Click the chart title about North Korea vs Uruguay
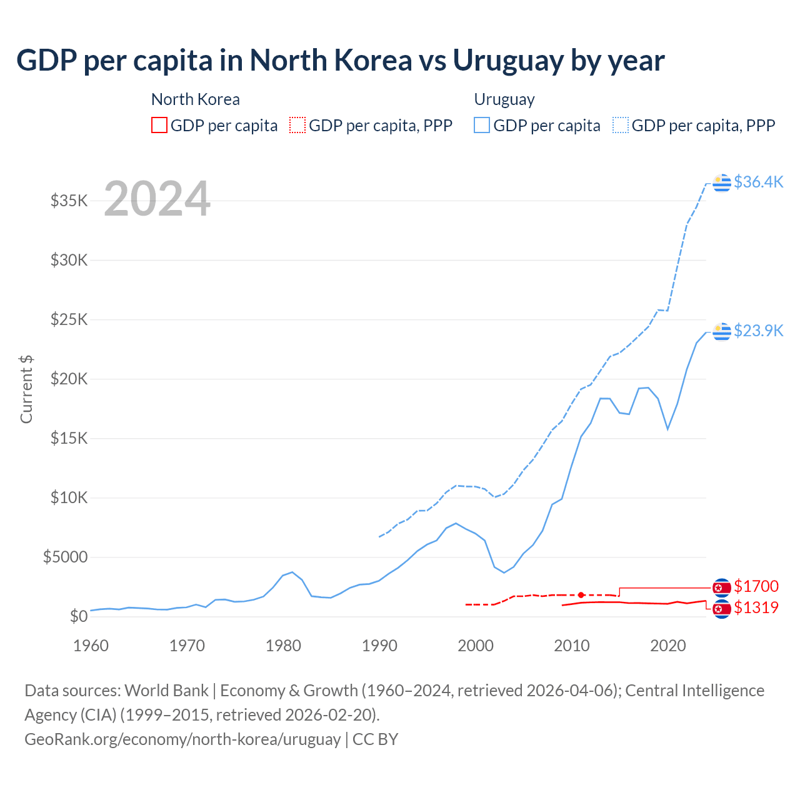[x=341, y=61]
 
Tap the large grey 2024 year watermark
[x=157, y=199]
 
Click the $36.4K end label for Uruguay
[x=758, y=182]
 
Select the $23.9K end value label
[x=758, y=331]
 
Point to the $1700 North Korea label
[x=756, y=586]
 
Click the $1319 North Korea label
[x=756, y=607]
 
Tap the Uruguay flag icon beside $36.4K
[x=722, y=182]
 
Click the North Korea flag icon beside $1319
[x=722, y=608]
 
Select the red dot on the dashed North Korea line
[x=581, y=595]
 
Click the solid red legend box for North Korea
[x=159, y=126]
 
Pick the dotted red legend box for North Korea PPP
[x=297, y=126]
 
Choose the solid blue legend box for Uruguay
[x=482, y=126]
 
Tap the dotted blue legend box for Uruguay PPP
[x=621, y=126]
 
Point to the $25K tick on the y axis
[x=69, y=320]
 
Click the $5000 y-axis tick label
[x=66, y=557]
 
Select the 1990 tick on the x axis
[x=379, y=646]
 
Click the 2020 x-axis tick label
[x=668, y=646]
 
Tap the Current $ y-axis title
[x=26, y=389]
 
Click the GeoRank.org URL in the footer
[x=182, y=739]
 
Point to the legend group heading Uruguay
[x=504, y=100]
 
